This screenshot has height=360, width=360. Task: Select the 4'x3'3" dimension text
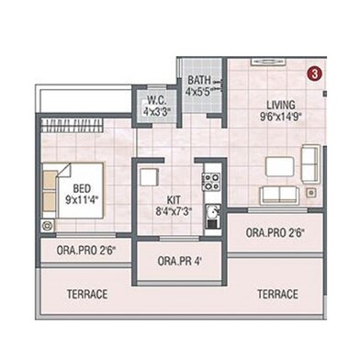click(155, 111)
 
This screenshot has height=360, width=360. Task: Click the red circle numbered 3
click(314, 71)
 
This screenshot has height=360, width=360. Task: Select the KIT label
click(174, 198)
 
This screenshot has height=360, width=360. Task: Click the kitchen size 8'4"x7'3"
click(174, 210)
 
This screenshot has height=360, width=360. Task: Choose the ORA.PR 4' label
click(178, 261)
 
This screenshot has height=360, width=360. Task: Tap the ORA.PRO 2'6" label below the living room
click(275, 233)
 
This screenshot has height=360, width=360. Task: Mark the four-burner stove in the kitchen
click(210, 179)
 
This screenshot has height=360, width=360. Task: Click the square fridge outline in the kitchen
click(149, 174)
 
